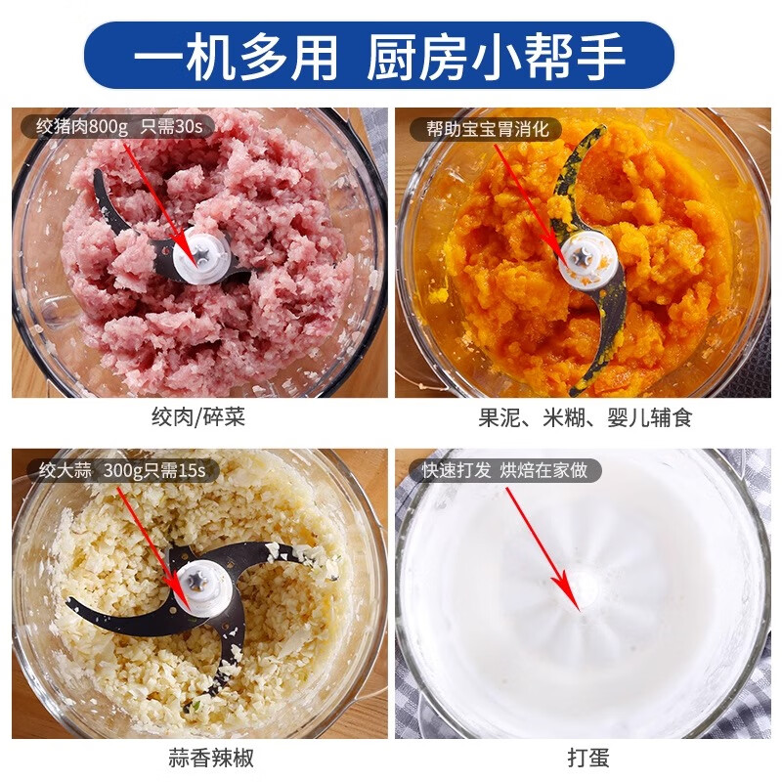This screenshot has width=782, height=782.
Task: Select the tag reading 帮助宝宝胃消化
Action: click(486, 128)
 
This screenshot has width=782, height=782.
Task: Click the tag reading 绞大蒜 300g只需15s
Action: click(120, 470)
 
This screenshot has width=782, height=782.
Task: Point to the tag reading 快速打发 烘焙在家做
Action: click(504, 470)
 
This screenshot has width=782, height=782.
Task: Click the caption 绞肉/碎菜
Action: click(198, 418)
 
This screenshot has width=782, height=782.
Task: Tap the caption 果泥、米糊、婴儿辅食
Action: click(585, 418)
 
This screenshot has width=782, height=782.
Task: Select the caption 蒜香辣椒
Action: click(198, 756)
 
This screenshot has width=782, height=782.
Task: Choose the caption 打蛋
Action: click(587, 756)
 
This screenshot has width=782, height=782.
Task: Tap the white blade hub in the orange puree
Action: click(583, 258)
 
